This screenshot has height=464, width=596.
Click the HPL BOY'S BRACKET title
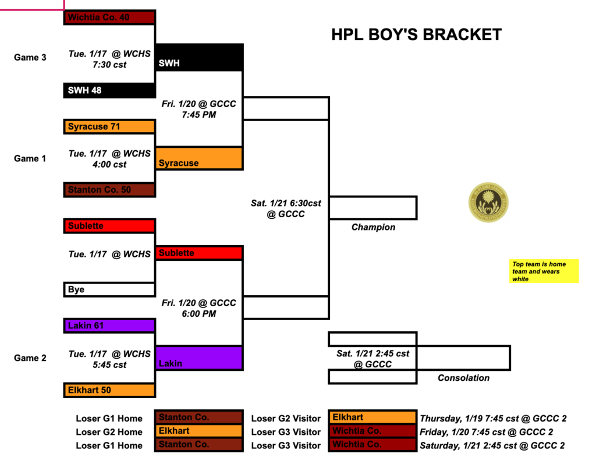(416, 35)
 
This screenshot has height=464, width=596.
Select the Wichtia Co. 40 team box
(109, 17)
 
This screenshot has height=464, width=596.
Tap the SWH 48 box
(109, 90)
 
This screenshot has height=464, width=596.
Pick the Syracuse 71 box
(109, 126)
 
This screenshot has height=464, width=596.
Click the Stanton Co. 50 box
(109, 190)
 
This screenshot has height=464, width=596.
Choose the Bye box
(109, 289)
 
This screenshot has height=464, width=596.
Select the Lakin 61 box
(109, 325)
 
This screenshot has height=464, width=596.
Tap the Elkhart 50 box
(109, 390)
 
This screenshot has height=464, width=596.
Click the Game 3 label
(30, 58)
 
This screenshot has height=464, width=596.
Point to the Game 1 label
(30, 158)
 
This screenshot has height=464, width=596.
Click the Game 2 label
(30, 358)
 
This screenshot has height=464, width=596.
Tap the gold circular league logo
(488, 203)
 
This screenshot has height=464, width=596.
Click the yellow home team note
(544, 271)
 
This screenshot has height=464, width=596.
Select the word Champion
(373, 227)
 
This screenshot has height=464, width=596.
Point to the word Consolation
(463, 378)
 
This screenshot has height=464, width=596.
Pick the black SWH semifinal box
(200, 58)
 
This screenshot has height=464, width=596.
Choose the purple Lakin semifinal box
(200, 358)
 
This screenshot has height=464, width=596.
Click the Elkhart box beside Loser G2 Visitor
(372, 417)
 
